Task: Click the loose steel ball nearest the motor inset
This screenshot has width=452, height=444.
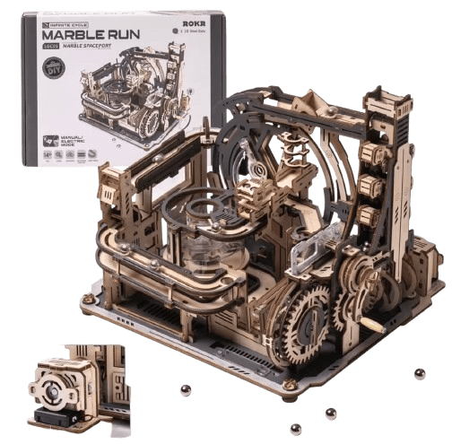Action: coord(185,388)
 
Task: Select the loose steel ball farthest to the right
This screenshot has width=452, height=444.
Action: coord(421,372)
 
